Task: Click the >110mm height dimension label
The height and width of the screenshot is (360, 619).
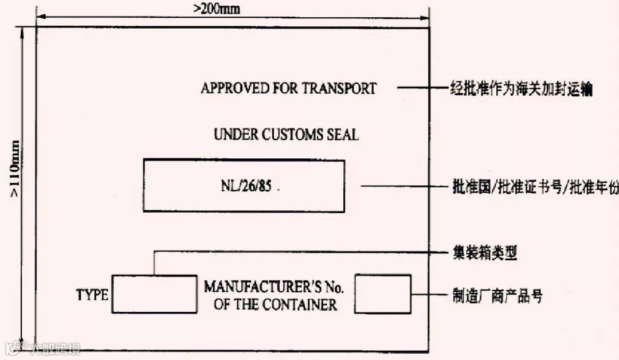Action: [x=14, y=169]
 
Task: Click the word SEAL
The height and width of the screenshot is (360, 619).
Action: [x=343, y=135]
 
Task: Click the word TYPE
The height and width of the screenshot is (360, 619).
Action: [x=92, y=295]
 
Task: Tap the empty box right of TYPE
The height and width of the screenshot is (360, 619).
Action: [x=154, y=294]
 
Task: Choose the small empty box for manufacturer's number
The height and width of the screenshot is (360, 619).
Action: [x=383, y=294]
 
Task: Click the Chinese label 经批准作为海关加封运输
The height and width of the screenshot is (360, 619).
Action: [x=519, y=89]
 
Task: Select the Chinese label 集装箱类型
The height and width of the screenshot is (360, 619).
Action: [x=483, y=252]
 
